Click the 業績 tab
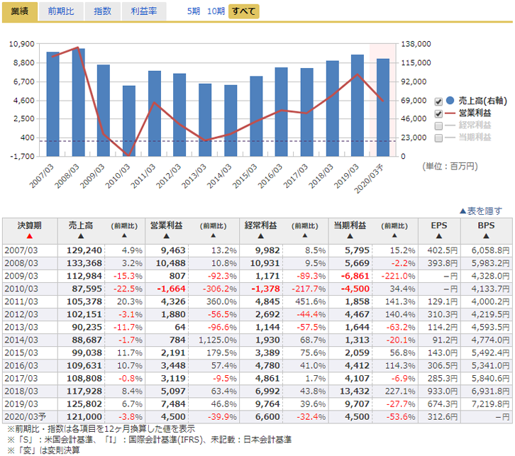click(19, 11)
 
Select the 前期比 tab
click(60, 11)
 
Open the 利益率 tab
click(144, 11)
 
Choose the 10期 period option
click(216, 12)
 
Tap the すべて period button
click(244, 12)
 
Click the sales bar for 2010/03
click(128, 121)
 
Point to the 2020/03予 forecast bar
click(382, 107)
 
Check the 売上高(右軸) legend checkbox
click(438, 101)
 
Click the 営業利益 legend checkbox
click(438, 113)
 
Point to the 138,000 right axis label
click(416, 44)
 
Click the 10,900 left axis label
click(22, 44)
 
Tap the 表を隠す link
click(481, 211)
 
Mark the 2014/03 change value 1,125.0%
click(214, 339)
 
